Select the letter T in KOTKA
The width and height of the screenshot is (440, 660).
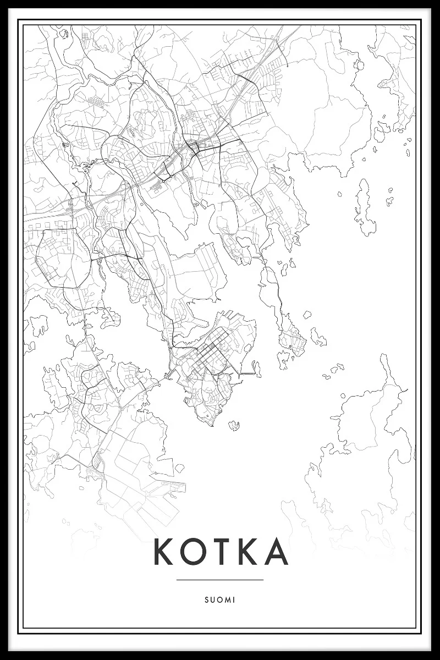[x=218, y=552]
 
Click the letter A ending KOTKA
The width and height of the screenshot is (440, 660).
[x=275, y=552]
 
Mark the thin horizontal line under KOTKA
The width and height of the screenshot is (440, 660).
[x=220, y=579]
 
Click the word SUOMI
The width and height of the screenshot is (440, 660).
[x=220, y=600]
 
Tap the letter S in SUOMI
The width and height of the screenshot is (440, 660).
[x=206, y=600]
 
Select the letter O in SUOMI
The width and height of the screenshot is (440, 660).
[x=219, y=600]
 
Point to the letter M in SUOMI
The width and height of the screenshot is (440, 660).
[x=227, y=600]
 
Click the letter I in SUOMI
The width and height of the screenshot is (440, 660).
[x=233, y=600]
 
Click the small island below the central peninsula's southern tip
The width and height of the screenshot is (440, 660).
[x=234, y=425]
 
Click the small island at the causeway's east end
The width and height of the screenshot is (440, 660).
[x=256, y=366]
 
